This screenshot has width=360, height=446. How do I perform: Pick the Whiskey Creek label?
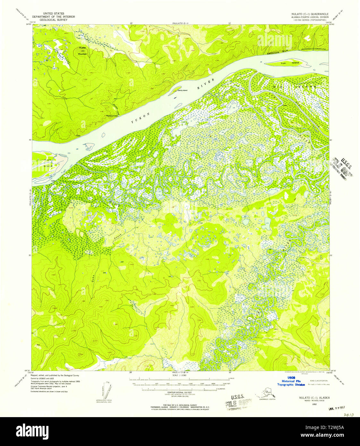112,116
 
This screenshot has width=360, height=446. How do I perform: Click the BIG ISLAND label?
294,87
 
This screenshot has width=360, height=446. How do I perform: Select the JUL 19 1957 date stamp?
337,409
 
